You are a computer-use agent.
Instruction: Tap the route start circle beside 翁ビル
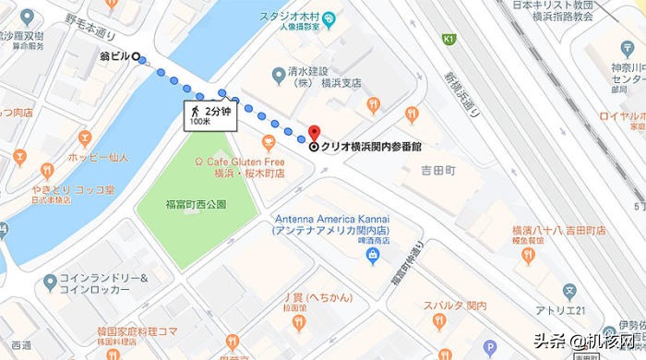coord(138,57)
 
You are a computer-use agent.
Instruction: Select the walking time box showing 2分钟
coord(207,115)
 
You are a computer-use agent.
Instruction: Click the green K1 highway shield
coord(449,40)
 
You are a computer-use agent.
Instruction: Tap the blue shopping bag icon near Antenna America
coord(373,253)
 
